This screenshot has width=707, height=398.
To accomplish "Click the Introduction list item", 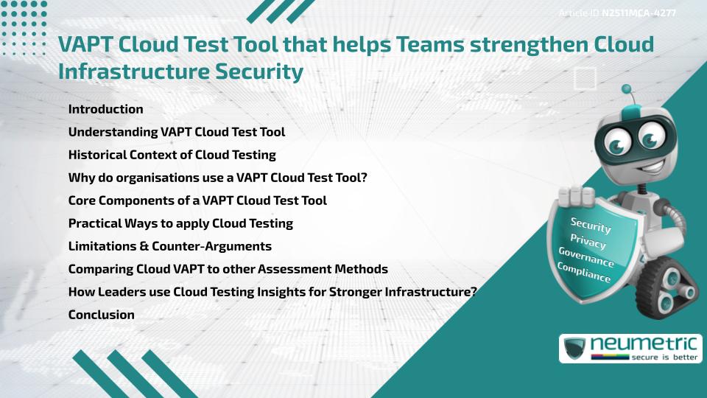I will [x=105, y=109].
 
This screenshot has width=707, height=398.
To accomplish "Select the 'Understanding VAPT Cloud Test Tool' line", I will [x=176, y=132].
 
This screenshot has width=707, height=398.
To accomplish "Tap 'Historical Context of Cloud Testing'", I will [x=172, y=155].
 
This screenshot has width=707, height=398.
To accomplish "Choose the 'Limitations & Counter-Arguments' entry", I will [x=169, y=246].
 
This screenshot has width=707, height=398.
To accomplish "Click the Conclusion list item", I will [x=101, y=315].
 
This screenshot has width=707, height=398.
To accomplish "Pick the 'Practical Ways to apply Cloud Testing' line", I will [x=180, y=223].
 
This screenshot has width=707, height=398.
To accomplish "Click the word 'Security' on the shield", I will [x=591, y=226].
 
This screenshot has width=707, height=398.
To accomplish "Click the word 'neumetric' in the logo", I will [x=645, y=343].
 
